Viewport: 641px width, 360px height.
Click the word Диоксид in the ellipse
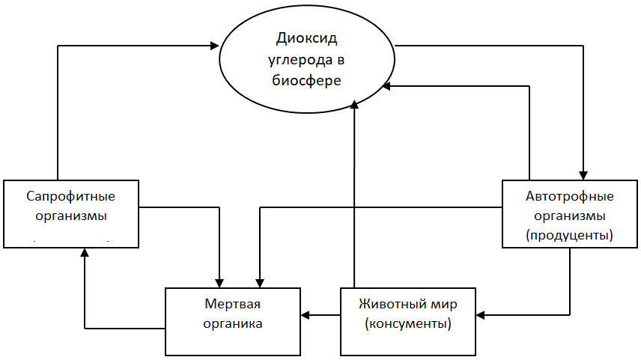pyautogui.click(x=306, y=38)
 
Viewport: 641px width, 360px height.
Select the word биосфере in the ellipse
pyautogui.click(x=306, y=80)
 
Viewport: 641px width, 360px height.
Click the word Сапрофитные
pyautogui.click(x=70, y=196)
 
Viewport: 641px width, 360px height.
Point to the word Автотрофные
pyautogui.click(x=569, y=196)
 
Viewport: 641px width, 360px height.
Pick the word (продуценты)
pyautogui.click(x=569, y=235)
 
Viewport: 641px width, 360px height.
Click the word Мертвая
pyautogui.click(x=232, y=304)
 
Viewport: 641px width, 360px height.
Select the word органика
pyautogui.click(x=233, y=323)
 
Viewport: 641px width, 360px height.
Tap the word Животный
pyautogui.click(x=393, y=304)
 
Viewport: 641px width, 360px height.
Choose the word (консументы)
pyautogui.click(x=408, y=323)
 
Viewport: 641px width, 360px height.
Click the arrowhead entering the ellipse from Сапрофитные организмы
pyautogui.click(x=215, y=46)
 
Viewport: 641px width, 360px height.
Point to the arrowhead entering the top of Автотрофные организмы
pyautogui.click(x=583, y=176)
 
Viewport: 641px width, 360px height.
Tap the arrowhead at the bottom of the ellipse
pyautogui.click(x=354, y=104)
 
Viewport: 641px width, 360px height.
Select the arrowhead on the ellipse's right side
pyautogui.click(x=386, y=86)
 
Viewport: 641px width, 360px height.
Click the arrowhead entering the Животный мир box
pyautogui.click(x=481, y=315)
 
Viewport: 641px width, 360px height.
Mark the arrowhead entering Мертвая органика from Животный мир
pyautogui.click(x=306, y=315)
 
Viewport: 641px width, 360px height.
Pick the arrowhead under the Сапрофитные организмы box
pyautogui.click(x=85, y=252)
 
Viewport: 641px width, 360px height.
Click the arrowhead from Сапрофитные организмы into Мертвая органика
pyautogui.click(x=219, y=283)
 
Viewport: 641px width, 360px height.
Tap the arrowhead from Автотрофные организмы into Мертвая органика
pyautogui.click(x=260, y=283)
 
